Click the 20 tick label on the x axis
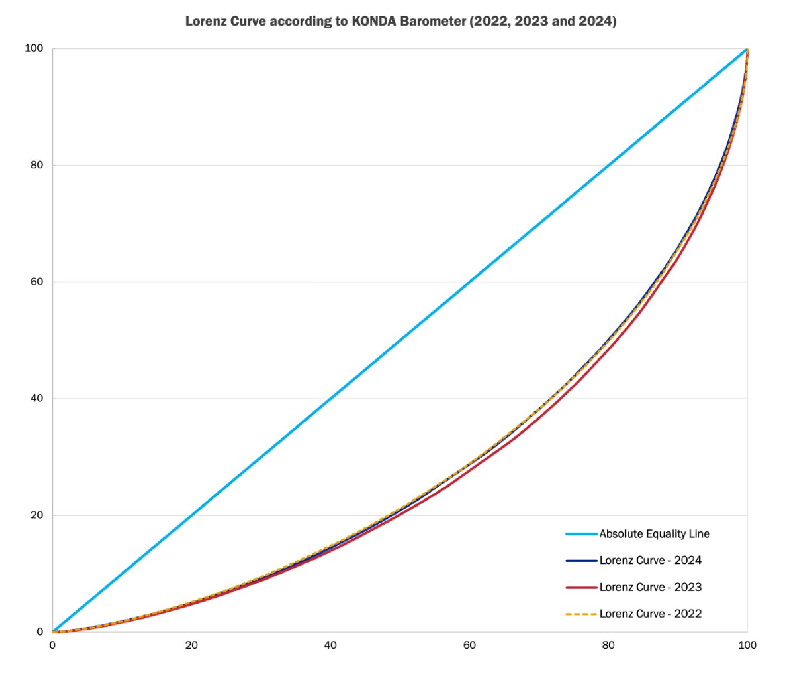(x=191, y=645)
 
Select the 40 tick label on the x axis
(x=330, y=645)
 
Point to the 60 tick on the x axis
(x=469, y=645)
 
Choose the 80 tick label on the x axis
(x=608, y=645)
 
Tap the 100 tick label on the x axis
(x=747, y=645)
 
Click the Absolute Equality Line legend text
(x=654, y=534)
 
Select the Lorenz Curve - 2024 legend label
(x=650, y=561)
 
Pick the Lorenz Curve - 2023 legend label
(x=650, y=587)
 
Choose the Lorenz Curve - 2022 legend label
(x=650, y=614)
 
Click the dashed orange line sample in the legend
(x=581, y=614)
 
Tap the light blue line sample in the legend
(x=581, y=534)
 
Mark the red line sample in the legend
(x=581, y=587)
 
